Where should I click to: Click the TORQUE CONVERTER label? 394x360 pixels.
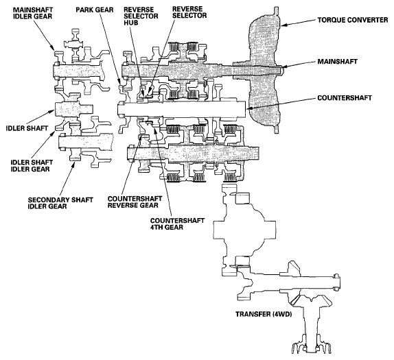pos(353,20)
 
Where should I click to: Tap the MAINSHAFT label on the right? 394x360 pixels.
pos(337,62)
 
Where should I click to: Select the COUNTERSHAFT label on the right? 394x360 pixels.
pos(345,97)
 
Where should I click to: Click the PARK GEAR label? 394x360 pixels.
pos(95,10)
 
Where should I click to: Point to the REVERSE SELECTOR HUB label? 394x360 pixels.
pos(141,16)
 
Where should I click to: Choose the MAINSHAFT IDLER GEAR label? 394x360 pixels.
pos(33,13)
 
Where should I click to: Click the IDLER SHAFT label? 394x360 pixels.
pos(27,128)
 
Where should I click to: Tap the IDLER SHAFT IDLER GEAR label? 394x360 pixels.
pos(32,166)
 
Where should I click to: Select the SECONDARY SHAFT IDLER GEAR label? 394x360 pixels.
pos(60,203)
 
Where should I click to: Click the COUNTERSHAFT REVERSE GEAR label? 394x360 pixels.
pos(135,202)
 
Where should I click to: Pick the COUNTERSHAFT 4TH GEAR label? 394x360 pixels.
pos(177,224)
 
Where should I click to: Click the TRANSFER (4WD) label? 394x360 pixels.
pos(264,314)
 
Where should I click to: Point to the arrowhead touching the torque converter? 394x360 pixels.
pos(283,25)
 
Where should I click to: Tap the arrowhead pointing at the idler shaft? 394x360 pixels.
pos(54,112)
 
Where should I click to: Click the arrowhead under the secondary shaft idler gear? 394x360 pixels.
pos(73,165)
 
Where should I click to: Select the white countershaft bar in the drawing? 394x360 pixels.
pos(181,108)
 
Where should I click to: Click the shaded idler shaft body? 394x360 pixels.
pos(73,110)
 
